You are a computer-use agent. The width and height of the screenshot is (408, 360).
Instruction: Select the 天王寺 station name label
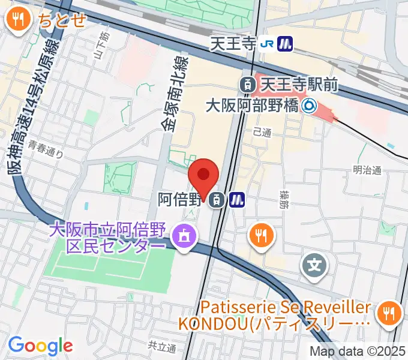click(241, 43)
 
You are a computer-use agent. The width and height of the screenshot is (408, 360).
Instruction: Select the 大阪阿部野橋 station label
click(251, 106)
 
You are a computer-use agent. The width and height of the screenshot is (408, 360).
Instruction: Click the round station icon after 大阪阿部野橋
click(309, 106)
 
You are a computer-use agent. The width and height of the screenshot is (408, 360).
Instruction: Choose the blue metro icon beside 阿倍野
click(238, 200)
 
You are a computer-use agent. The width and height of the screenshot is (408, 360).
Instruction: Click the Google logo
click(40, 346)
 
